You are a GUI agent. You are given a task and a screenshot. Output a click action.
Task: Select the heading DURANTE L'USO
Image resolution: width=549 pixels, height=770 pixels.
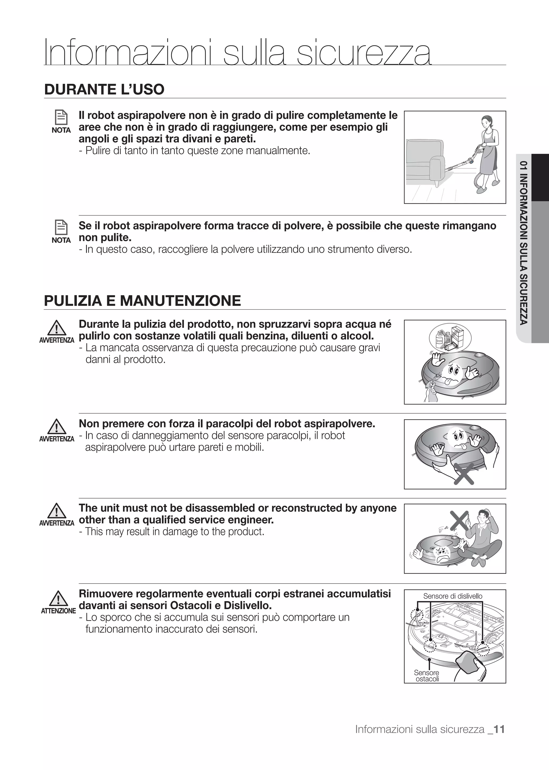coord(104,90)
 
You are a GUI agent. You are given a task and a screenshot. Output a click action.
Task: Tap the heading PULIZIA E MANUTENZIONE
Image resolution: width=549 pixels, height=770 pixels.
coord(142,300)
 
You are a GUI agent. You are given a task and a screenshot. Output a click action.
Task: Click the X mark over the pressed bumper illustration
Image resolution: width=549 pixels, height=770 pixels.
coord(464,474)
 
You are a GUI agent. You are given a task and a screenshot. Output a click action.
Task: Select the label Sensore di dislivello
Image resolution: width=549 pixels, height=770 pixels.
coord(453,596)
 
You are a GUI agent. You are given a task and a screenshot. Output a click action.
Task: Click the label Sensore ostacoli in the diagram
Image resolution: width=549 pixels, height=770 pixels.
coord(426,675)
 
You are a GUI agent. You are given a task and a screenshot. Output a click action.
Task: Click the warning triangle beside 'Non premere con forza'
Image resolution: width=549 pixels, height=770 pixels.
coord(57,427)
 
